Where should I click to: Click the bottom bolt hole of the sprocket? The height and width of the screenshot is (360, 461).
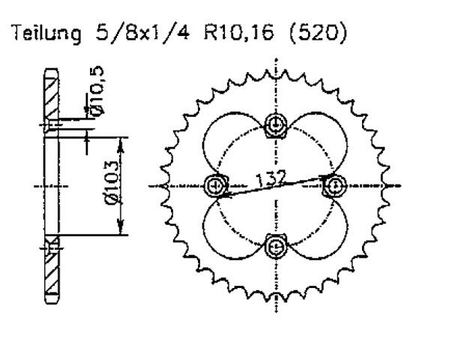[x=276, y=244]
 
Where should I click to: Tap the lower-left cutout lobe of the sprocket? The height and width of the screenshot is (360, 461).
[x=236, y=224]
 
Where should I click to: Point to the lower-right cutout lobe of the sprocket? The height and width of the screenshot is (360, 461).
[x=316, y=224]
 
